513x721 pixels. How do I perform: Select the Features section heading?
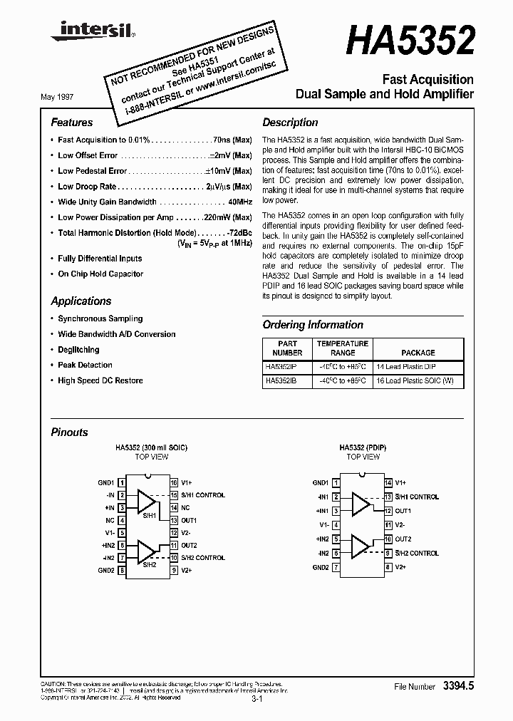tap(72, 123)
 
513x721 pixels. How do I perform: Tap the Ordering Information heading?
tap(313, 325)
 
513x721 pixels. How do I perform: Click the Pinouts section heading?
tap(70, 432)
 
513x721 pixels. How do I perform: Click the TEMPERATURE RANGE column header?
tap(342, 348)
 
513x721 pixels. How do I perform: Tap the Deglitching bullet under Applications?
tap(78, 350)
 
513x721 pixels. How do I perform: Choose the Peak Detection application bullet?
tap(85, 365)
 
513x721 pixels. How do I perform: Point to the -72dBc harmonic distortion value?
tap(238, 233)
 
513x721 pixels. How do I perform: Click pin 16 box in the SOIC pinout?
tap(173, 482)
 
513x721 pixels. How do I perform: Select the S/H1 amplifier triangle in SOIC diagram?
tap(146, 501)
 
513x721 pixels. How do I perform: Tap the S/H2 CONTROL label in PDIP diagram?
tap(416, 553)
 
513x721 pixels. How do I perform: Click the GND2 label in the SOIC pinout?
tap(106, 570)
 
